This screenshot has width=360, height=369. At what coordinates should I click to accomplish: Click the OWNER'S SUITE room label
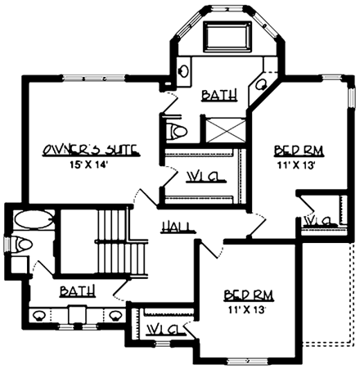tap(89, 150)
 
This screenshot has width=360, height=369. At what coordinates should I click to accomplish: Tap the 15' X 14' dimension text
tap(89, 164)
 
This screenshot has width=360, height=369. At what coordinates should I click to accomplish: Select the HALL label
tap(177, 226)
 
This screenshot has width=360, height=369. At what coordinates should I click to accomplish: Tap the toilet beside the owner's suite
tap(175, 130)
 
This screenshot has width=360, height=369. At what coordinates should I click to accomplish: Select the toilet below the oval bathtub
tap(22, 244)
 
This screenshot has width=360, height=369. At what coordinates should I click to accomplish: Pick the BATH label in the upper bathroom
tap(219, 95)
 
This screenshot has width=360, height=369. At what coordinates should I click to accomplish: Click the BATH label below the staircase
tap(77, 290)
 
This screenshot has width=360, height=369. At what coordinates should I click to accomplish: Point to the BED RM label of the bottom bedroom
tap(248, 295)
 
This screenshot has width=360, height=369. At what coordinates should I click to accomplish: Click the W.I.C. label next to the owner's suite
tap(200, 176)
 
